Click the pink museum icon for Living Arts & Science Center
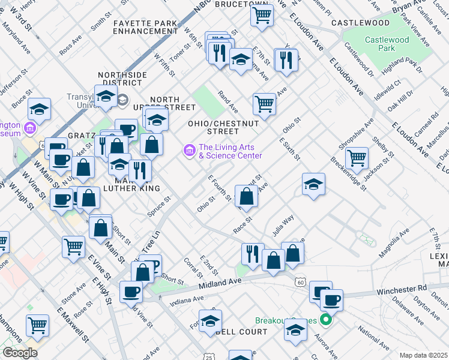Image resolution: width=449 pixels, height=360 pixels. tap(190, 149)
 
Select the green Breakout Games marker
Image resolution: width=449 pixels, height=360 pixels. tap(327, 320)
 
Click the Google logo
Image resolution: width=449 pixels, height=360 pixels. tap(20, 353)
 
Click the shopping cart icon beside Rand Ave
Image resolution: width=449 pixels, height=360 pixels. tap(264, 104)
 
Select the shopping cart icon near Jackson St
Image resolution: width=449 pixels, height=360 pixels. tap(357, 158)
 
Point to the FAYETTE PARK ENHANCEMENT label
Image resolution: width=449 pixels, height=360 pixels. tap(145, 26)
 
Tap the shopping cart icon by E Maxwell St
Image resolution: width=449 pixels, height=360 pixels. tap(38, 326)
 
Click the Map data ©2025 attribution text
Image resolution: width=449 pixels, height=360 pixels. tap(423, 355)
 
